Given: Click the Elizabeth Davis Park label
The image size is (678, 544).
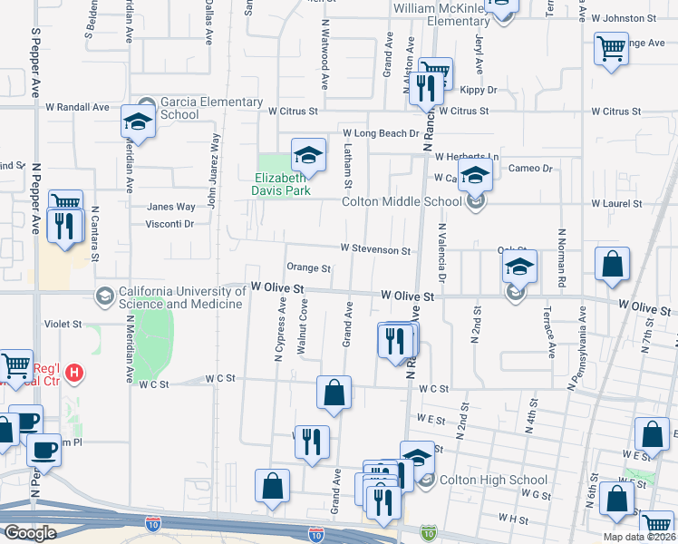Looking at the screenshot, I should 282,184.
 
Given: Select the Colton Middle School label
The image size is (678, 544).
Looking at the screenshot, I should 402,202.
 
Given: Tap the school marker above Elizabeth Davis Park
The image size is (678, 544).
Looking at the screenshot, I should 308,156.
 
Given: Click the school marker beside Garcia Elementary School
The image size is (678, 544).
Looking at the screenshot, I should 138,121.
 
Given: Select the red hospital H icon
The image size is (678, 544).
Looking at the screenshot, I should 76,373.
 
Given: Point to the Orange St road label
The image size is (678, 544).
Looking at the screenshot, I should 308,268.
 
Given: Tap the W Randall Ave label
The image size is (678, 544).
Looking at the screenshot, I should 77,107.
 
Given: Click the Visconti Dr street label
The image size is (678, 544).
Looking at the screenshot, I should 170,223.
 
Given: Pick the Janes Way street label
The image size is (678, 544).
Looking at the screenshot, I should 171,207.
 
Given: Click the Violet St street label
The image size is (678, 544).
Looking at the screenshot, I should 63,323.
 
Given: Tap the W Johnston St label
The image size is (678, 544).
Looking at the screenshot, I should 623,18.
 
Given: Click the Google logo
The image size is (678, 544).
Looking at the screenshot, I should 30,533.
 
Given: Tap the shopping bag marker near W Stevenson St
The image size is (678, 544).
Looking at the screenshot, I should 613,264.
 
